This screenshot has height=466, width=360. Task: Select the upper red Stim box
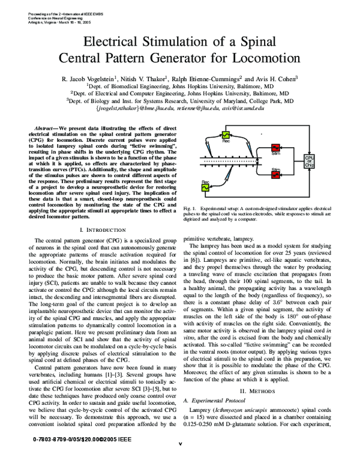click(277, 149)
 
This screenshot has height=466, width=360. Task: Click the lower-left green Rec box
click(205, 187)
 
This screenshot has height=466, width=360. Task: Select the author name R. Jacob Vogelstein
click(98, 78)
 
